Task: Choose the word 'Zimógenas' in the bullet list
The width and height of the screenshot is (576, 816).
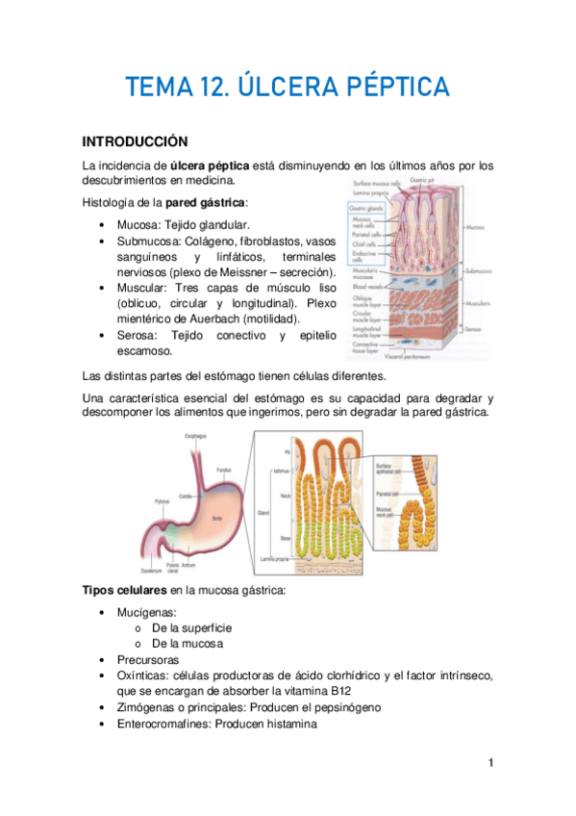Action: point(145,707)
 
